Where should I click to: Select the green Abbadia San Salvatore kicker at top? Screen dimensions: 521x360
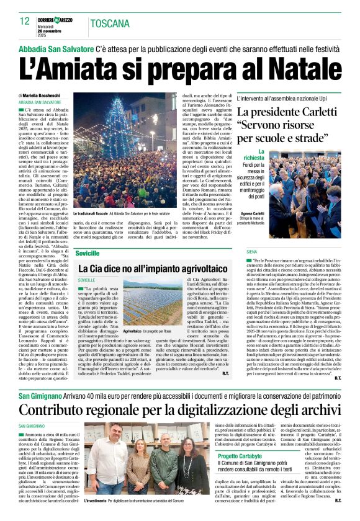click(56, 48)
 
